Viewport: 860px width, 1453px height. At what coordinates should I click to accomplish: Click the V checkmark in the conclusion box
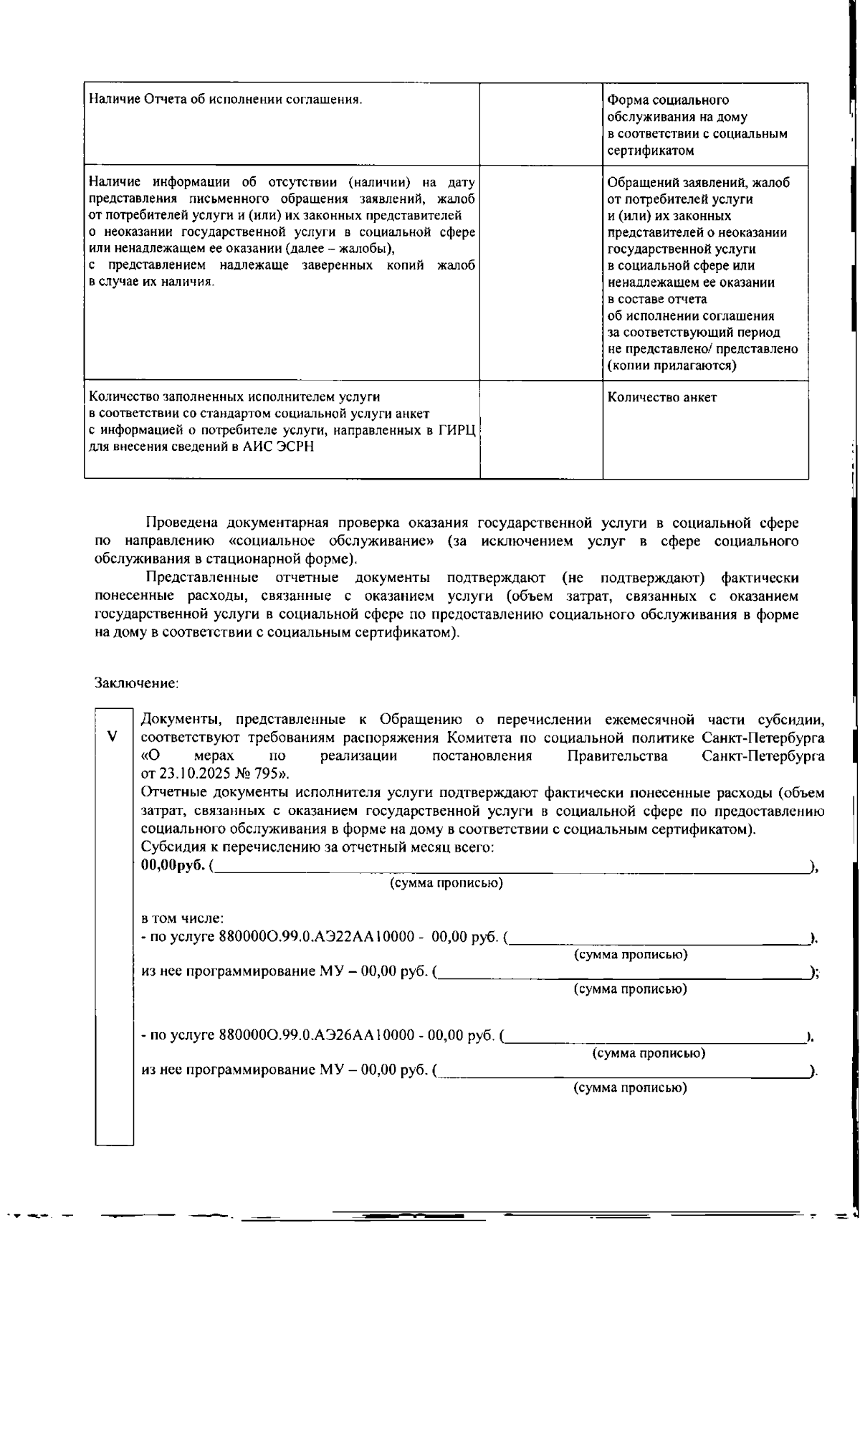[x=112, y=736]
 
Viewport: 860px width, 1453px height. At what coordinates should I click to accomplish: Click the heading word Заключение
[x=135, y=683]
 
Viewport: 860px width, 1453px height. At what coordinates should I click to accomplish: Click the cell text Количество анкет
[x=661, y=397]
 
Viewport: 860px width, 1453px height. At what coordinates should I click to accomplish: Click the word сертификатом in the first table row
[x=651, y=151]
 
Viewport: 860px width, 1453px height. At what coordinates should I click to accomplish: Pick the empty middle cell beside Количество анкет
[x=540, y=429]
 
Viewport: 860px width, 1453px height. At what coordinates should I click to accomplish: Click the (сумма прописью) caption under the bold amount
[x=446, y=883]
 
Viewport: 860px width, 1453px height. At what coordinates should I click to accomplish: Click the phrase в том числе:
[x=183, y=918]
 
